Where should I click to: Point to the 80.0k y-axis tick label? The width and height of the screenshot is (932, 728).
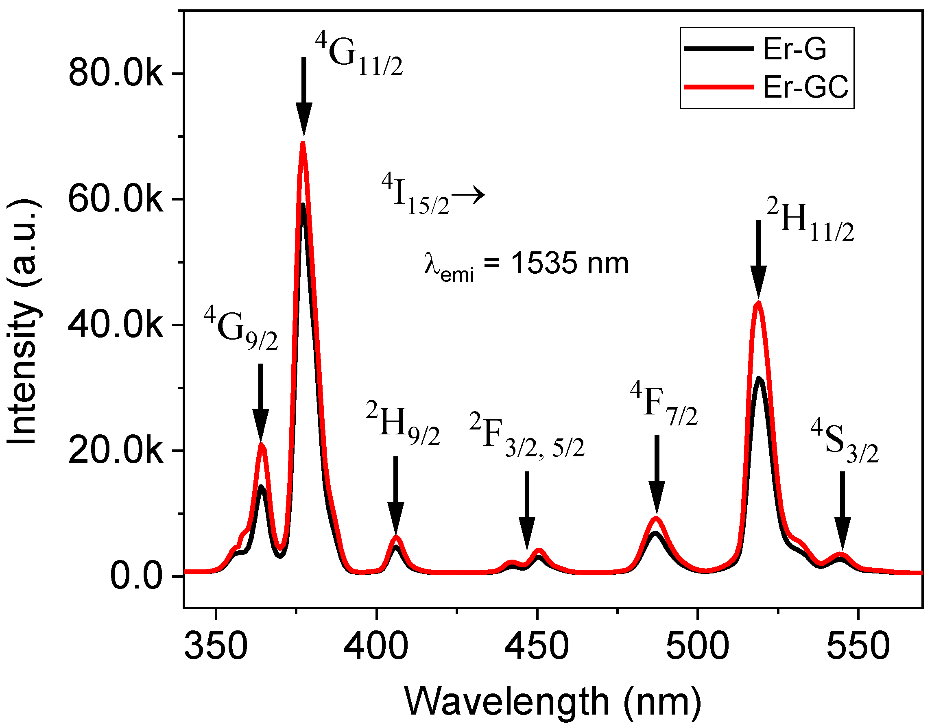[x=115, y=74]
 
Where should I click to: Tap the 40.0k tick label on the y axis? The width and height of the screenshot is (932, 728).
[x=115, y=326]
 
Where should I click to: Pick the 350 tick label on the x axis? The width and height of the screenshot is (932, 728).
[x=216, y=645]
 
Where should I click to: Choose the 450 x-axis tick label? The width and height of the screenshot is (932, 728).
[x=537, y=645]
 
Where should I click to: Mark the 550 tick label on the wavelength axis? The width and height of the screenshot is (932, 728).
[x=858, y=645]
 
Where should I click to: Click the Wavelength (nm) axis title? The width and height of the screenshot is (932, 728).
[x=553, y=701]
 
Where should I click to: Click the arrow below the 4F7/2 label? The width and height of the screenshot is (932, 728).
[x=657, y=474]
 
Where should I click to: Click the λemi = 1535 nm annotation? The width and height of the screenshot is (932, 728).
[x=526, y=265]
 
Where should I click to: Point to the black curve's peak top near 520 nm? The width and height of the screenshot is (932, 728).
[x=759, y=379]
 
